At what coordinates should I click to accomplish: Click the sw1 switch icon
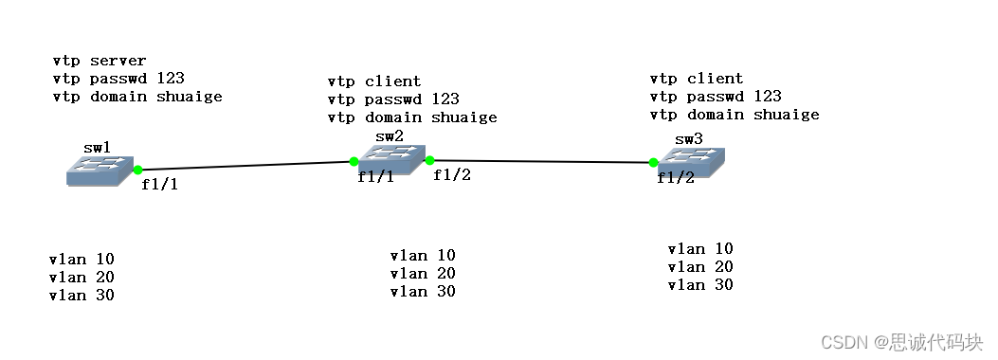tap(100, 171)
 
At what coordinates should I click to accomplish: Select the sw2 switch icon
tap(389, 161)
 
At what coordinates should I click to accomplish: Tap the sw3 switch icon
tap(692, 164)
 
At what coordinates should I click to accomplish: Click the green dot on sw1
tap(138, 171)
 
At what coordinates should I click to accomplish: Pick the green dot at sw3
tap(653, 162)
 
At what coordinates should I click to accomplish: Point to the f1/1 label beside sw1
tap(159, 185)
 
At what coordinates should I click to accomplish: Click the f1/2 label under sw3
tap(675, 178)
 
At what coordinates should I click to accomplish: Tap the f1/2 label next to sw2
tap(452, 174)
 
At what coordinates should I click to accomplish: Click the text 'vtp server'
tap(100, 61)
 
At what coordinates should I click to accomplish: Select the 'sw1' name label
tap(97, 148)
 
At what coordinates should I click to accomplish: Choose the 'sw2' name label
tap(389, 136)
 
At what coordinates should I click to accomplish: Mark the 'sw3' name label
tap(689, 139)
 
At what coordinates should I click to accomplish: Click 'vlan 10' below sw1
tap(82, 259)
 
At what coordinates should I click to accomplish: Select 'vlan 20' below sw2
tap(423, 273)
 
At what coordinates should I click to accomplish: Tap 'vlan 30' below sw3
tap(700, 284)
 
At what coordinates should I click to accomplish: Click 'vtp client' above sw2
tap(374, 81)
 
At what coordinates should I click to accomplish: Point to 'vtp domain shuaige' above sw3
tap(735, 115)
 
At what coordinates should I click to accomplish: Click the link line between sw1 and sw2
tap(246, 166)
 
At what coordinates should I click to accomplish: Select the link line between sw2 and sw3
tap(540, 161)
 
